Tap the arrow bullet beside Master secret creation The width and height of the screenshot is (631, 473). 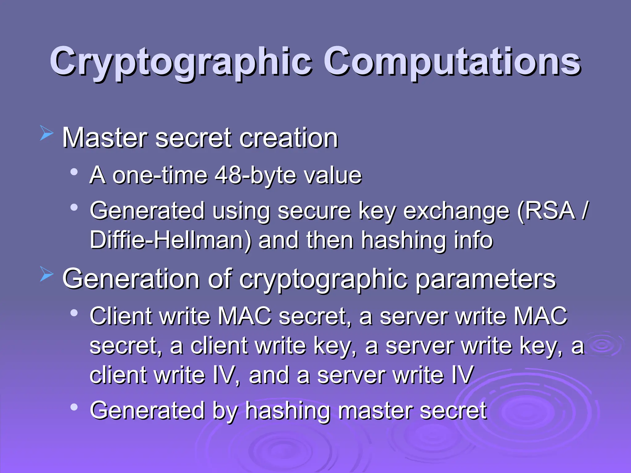coord(47,133)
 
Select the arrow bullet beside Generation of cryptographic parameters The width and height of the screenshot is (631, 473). coord(47,274)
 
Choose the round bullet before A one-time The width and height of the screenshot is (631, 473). coord(74,172)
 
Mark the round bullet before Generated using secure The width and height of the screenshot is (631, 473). coord(74,208)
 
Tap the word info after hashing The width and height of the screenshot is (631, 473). coord(474,240)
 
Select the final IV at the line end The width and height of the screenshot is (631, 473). coord(462,375)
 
